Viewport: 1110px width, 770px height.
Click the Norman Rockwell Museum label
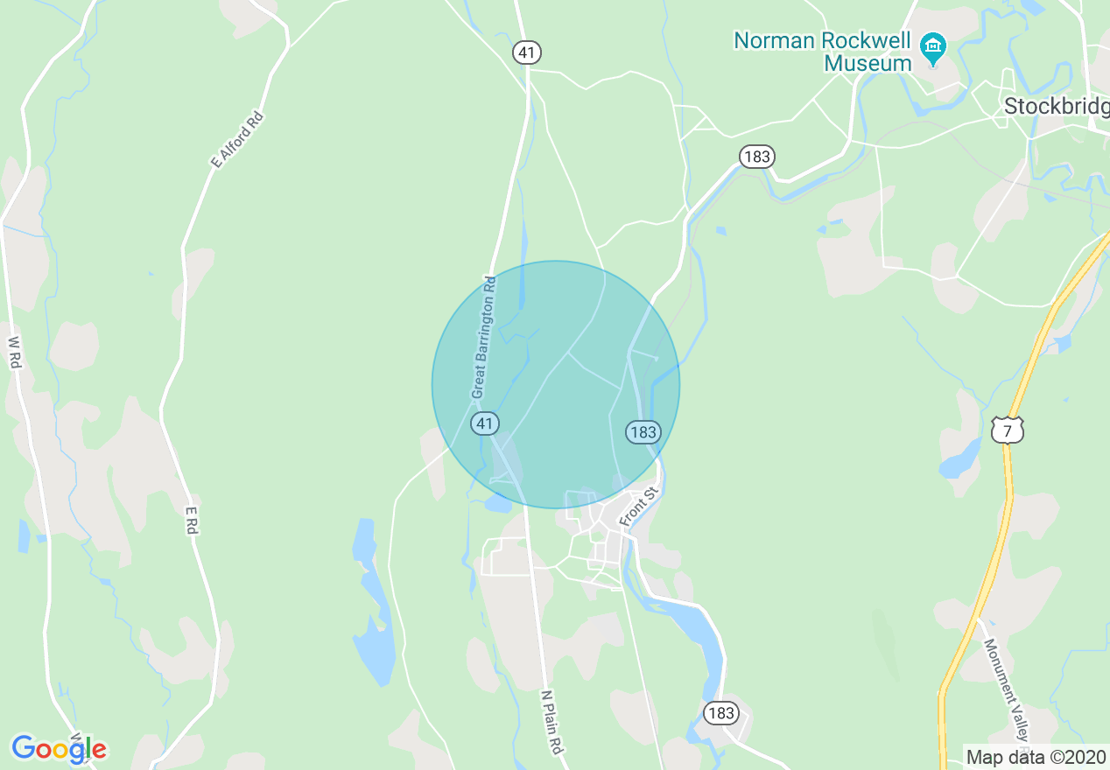click(x=823, y=52)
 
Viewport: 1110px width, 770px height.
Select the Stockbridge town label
click(x=1056, y=106)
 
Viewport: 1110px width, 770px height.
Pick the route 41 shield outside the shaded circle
click(x=526, y=52)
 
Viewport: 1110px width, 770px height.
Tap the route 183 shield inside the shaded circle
click(x=642, y=431)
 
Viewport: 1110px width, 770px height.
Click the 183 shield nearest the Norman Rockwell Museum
click(x=756, y=157)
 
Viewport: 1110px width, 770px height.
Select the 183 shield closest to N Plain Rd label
click(x=720, y=713)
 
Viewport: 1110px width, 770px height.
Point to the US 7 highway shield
click(x=1008, y=429)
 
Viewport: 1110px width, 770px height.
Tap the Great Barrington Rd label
click(x=483, y=338)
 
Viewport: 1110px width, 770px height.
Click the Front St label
click(x=637, y=507)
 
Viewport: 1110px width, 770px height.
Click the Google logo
click(x=59, y=749)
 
